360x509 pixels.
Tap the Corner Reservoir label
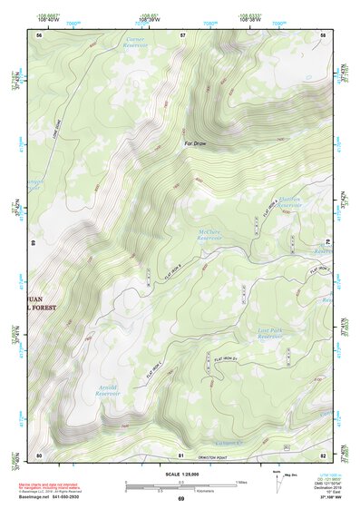pyautogui.click(x=134, y=44)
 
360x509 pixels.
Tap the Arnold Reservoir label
pyautogui.click(x=108, y=390)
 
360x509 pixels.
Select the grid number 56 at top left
pyautogui.click(x=39, y=34)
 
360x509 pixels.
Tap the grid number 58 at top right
pyautogui.click(x=323, y=34)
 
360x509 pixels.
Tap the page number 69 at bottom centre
pyautogui.click(x=180, y=500)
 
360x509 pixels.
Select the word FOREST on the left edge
pyautogui.click(x=43, y=308)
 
